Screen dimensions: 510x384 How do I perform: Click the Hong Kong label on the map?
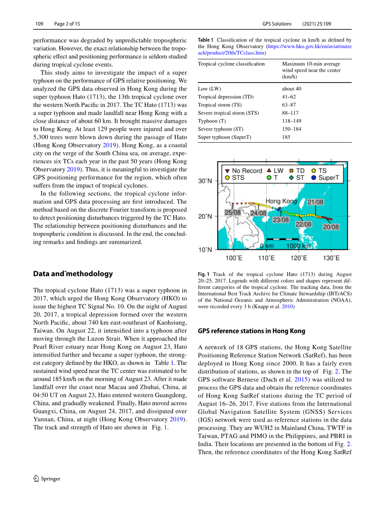tap(281, 201)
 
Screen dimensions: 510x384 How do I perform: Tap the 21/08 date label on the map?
tap(315, 202)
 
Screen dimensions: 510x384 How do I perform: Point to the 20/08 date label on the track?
tap(331, 227)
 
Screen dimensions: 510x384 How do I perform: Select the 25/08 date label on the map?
tap(232, 212)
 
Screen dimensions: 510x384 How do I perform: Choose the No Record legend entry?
tap(243, 170)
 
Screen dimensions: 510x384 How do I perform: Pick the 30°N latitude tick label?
tap(205, 181)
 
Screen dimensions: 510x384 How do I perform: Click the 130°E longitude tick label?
tap(331, 258)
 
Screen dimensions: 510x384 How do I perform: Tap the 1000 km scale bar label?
tap(298, 245)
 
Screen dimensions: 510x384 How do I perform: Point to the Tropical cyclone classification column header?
tap(231, 64)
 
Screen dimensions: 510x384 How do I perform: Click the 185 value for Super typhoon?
tap(286, 137)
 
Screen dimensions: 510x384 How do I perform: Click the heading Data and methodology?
tap(73, 274)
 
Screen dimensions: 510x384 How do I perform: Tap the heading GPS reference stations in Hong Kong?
tap(251, 331)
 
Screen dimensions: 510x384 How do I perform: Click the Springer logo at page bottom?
tap(46, 478)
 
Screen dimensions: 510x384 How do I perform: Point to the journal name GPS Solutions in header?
tap(276, 24)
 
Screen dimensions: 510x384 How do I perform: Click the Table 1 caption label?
tap(205, 40)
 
